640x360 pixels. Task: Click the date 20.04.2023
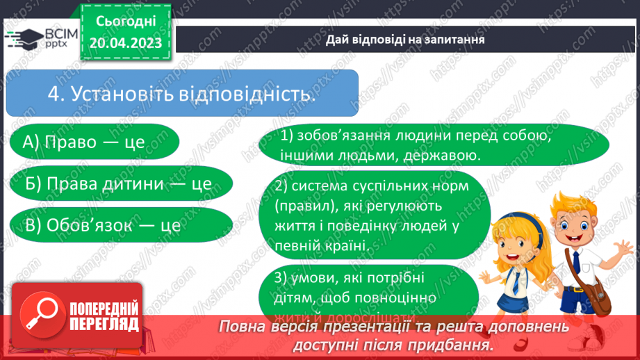click(x=125, y=44)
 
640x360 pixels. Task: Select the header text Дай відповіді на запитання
click(x=405, y=40)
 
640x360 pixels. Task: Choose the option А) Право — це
click(x=84, y=142)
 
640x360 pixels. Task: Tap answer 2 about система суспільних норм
click(x=373, y=216)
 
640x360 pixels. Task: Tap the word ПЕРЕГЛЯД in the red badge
click(x=104, y=325)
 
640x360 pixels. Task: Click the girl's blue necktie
click(x=516, y=284)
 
